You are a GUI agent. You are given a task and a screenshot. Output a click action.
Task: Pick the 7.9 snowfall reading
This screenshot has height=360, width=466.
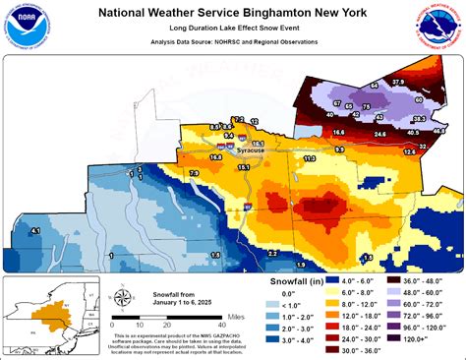click(194, 173)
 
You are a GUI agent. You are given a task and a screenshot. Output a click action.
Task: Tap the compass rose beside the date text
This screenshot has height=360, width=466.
click(121, 299)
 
